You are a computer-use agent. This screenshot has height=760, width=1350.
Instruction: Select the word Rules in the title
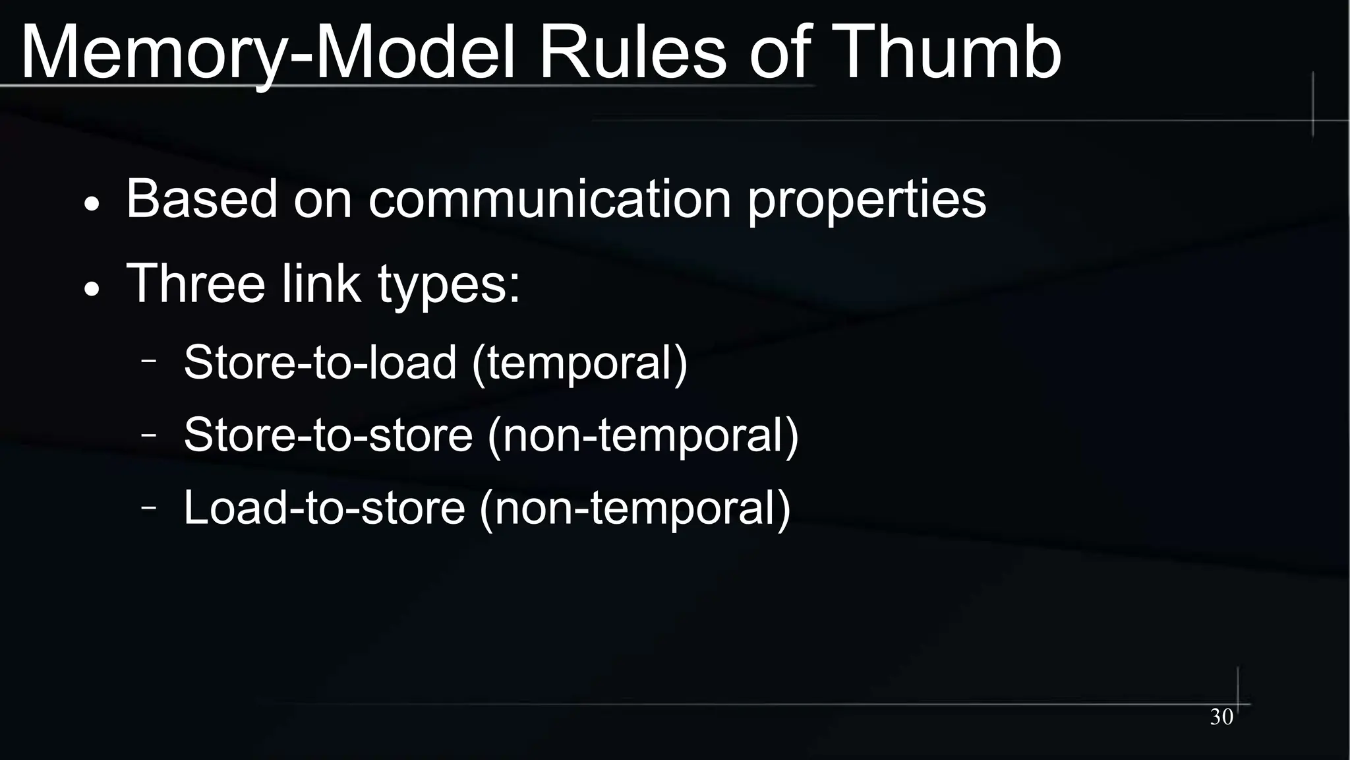(632, 53)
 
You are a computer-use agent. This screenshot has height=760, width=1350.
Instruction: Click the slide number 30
(1221, 717)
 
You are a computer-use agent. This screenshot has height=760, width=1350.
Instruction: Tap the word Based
(202, 199)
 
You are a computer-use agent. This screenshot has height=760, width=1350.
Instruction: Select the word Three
(195, 283)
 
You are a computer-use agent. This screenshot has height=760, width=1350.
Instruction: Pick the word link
(321, 283)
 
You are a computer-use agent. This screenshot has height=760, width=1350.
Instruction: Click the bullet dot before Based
(92, 205)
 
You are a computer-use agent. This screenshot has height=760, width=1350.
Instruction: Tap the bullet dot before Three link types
(92, 289)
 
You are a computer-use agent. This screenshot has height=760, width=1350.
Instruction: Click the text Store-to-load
(320, 362)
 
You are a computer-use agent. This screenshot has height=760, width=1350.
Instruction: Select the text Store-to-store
(328, 435)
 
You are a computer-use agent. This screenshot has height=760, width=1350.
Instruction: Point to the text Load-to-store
(324, 507)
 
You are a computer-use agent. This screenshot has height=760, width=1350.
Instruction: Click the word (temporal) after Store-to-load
(580, 364)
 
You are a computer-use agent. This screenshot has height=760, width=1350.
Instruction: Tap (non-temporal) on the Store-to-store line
(643, 436)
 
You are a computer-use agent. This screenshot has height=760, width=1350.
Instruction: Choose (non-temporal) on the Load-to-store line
(635, 509)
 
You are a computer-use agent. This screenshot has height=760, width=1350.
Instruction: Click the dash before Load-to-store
(149, 507)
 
